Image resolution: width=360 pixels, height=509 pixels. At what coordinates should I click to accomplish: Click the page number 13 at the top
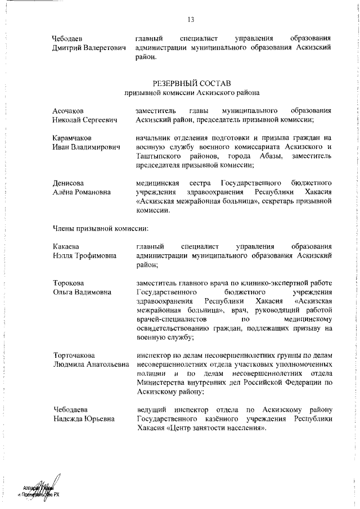tap(191, 20)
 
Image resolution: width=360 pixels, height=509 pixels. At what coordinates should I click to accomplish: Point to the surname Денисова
tap(69, 183)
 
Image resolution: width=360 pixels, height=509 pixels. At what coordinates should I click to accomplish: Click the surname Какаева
tap(66, 246)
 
